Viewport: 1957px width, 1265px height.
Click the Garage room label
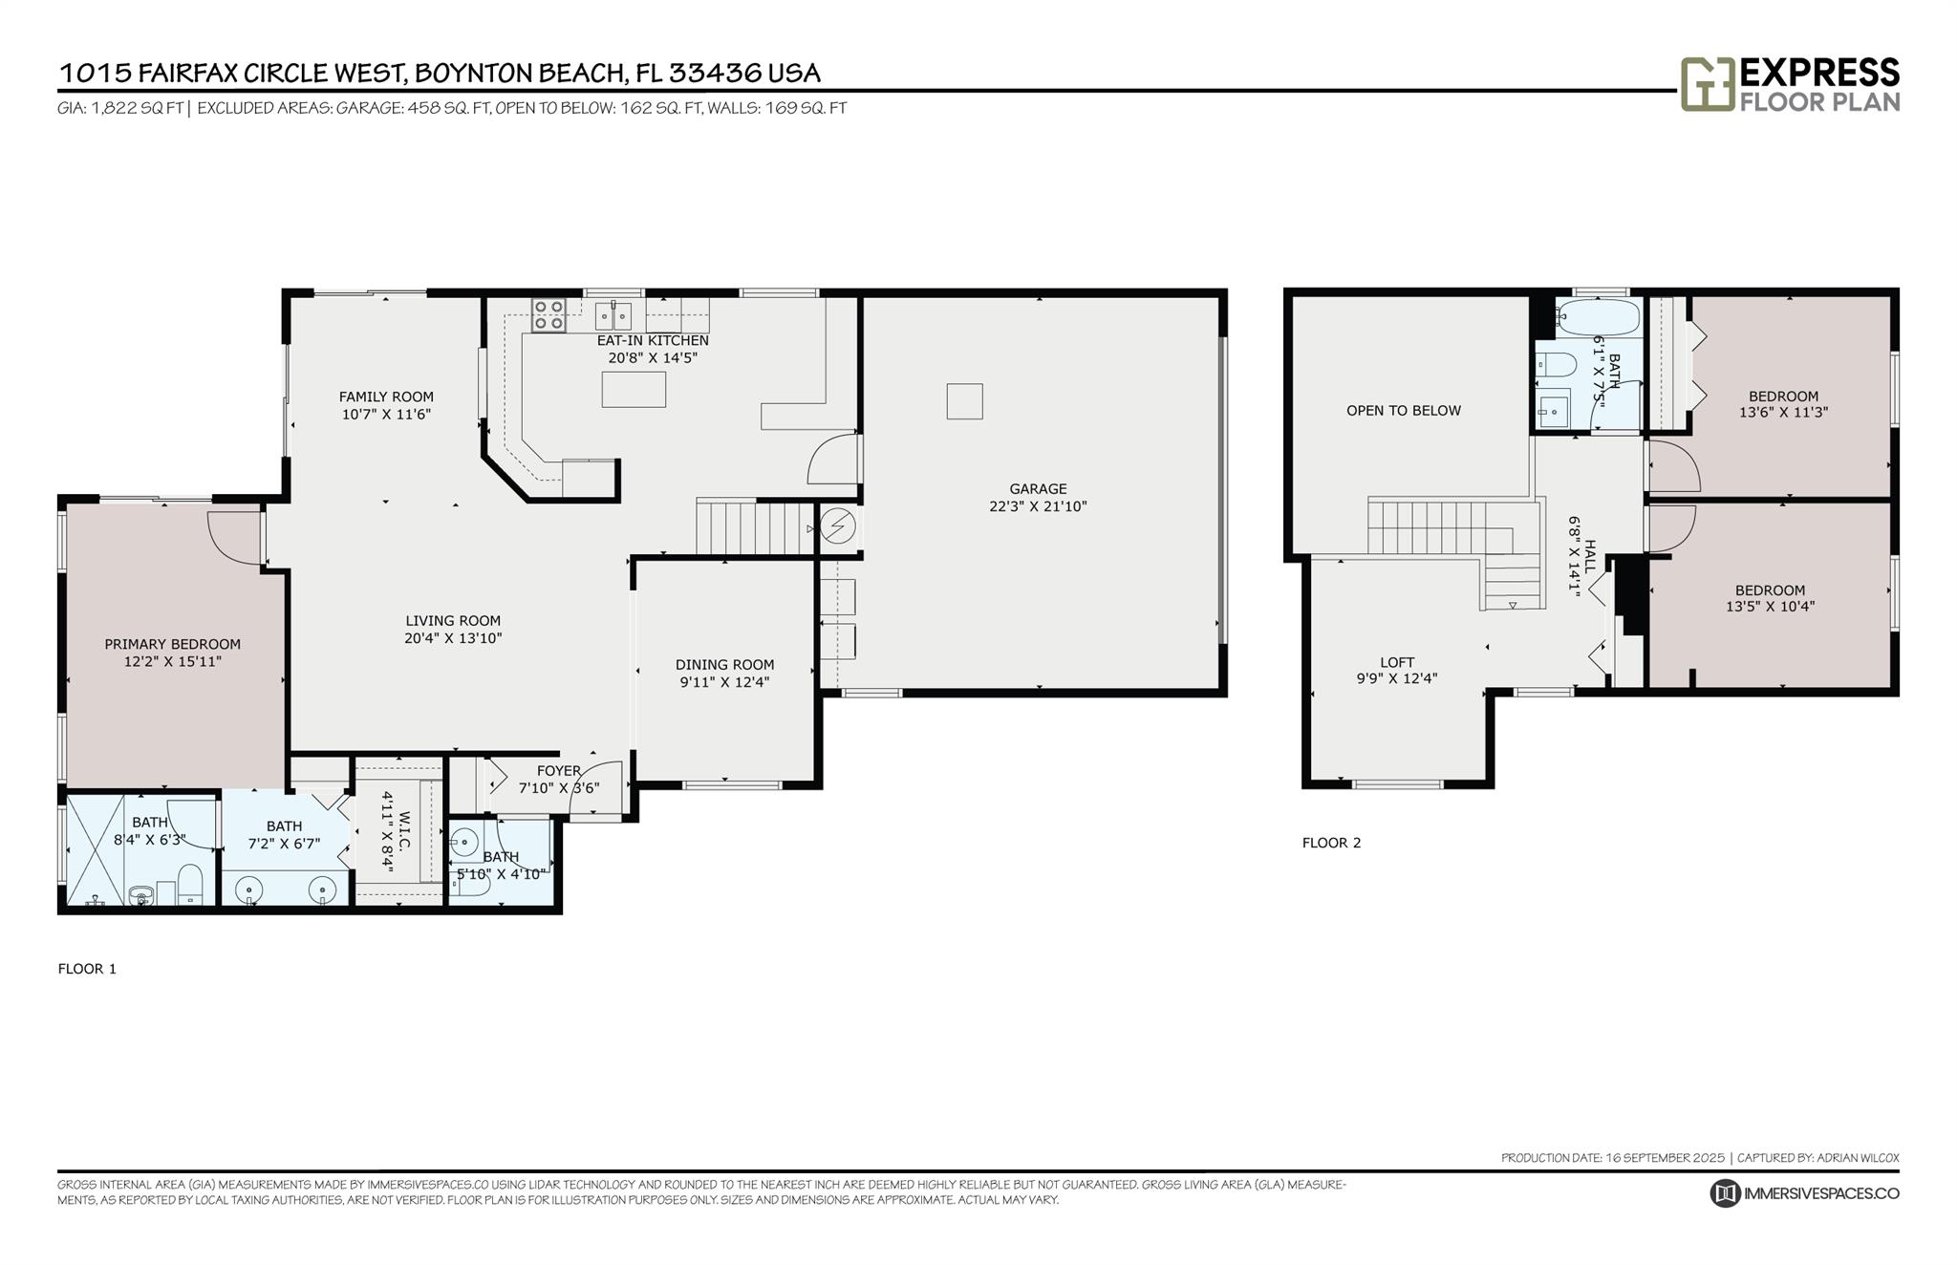tap(1038, 489)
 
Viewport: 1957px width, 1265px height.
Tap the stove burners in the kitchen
tap(548, 315)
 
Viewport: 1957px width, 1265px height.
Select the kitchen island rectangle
tap(634, 389)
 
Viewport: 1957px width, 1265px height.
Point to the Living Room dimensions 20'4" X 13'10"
tap(453, 638)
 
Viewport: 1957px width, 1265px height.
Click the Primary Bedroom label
tap(173, 645)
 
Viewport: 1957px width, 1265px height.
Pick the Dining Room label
tap(725, 665)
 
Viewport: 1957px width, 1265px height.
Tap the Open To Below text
tap(1404, 411)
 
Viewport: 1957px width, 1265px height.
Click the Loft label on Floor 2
tap(1397, 662)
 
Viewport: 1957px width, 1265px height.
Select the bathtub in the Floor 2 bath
tap(1598, 315)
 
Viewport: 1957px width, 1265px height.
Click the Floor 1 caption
tap(87, 969)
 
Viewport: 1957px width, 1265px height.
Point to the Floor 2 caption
tap(1331, 843)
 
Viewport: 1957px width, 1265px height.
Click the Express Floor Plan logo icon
tap(1708, 84)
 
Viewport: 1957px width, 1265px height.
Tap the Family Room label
tap(386, 397)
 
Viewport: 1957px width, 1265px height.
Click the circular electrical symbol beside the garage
tap(838, 526)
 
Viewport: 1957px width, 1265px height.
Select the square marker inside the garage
tap(964, 401)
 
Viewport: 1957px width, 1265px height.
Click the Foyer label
tap(559, 771)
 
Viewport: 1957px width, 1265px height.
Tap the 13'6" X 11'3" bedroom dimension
tap(1784, 413)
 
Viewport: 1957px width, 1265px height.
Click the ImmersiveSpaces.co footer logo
tap(1804, 1193)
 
